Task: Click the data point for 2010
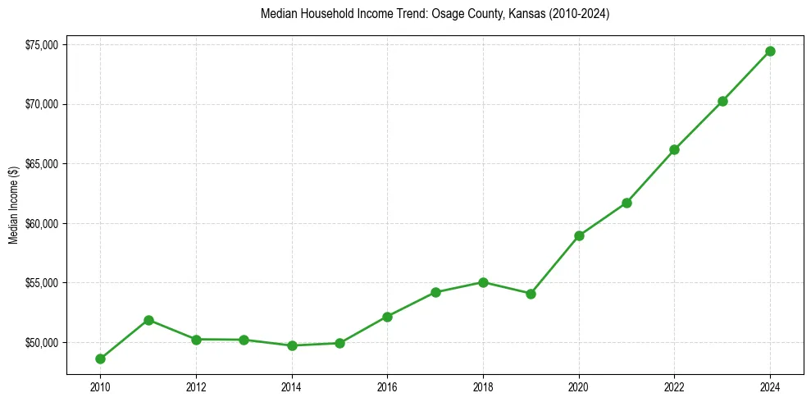pyautogui.click(x=100, y=359)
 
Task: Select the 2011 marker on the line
pyautogui.click(x=148, y=320)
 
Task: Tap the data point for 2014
pyautogui.click(x=292, y=345)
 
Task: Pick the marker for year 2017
pyautogui.click(x=435, y=292)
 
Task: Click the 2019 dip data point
pyautogui.click(x=531, y=294)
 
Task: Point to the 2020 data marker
pyautogui.click(x=579, y=235)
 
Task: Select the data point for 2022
pyautogui.click(x=674, y=149)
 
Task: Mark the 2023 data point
pyautogui.click(x=722, y=101)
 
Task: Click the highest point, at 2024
pyautogui.click(x=770, y=51)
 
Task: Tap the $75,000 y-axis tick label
pyautogui.click(x=41, y=45)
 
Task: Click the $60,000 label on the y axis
pyautogui.click(x=41, y=223)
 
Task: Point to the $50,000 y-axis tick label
pyautogui.click(x=41, y=342)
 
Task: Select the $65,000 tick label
pyautogui.click(x=41, y=164)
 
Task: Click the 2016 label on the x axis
pyautogui.click(x=387, y=386)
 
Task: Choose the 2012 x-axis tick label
pyautogui.click(x=196, y=386)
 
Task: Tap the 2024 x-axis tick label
pyautogui.click(x=770, y=386)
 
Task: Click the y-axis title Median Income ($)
pyautogui.click(x=13, y=205)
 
